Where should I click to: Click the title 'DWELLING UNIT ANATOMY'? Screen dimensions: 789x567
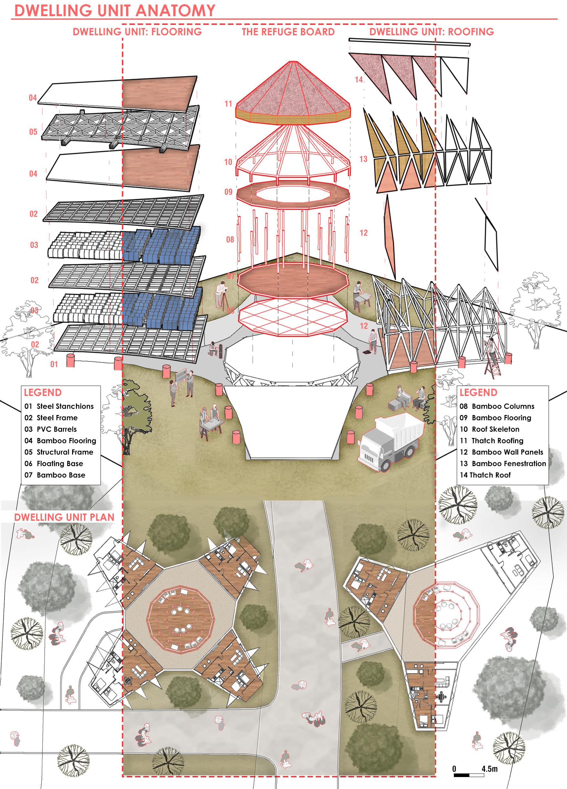coord(115,10)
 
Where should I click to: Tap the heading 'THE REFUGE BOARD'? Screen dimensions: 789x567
coord(288,32)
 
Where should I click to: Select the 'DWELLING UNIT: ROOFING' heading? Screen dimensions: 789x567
coord(431,32)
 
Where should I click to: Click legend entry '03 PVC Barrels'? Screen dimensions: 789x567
coord(50,429)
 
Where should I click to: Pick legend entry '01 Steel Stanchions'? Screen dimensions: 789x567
coord(59,406)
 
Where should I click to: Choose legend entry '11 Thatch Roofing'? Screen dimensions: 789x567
coord(491,441)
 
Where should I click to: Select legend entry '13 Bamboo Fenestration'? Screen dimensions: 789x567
coord(503,464)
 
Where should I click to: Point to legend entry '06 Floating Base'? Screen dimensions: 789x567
coord(54,464)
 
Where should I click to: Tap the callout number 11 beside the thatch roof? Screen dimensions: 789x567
coord(228,104)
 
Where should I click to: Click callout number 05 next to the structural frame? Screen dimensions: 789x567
coord(33,132)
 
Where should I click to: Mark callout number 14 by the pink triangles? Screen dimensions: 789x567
coord(358,80)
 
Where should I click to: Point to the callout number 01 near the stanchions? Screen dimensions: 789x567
coord(54,364)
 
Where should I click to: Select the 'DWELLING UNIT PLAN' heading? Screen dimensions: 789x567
coord(64,517)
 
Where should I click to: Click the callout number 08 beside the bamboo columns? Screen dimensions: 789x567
coord(230,239)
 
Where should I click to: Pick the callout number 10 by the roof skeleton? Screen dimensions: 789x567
coord(228,162)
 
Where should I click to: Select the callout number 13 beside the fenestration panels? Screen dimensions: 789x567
coord(363,159)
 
